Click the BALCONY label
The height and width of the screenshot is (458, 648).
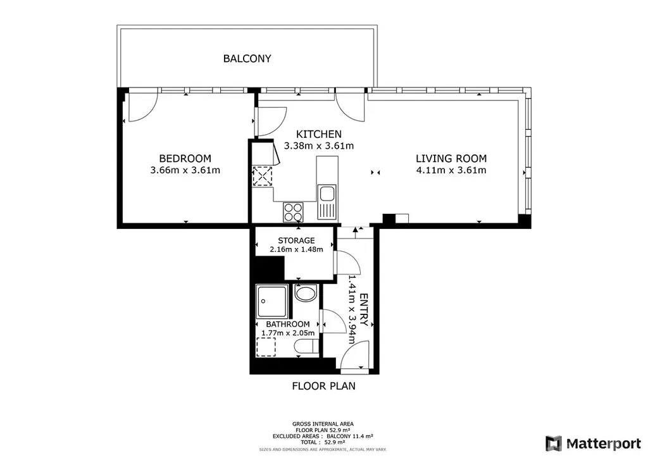247,59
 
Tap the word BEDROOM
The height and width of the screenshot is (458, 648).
185,159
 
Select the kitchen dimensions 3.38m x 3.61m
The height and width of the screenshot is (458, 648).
319,145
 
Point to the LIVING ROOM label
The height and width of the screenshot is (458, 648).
451,159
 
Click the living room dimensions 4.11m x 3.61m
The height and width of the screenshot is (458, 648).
451,170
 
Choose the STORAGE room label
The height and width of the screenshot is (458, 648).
296,240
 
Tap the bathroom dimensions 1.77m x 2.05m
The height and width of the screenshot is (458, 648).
288,333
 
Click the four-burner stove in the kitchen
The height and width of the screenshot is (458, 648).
293,212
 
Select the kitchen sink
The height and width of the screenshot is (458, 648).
327,202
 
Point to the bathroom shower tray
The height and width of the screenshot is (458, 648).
272,301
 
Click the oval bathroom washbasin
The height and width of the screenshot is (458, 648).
306,294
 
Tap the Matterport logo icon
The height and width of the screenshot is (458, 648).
554,443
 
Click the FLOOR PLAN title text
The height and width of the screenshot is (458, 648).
323,386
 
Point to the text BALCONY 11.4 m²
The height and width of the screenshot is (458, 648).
349,436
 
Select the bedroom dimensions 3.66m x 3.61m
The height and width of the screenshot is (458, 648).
185,170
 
